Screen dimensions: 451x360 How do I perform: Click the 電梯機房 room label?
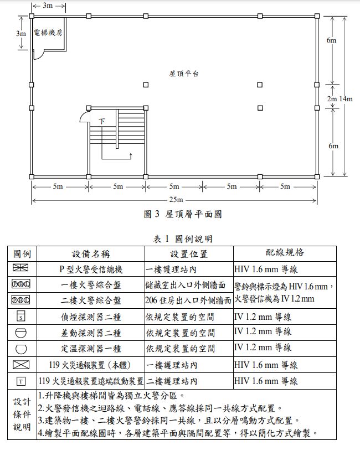48,33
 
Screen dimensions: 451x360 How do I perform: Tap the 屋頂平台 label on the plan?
184,73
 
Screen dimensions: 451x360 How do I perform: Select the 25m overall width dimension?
175,199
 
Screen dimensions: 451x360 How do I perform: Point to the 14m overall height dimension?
346,99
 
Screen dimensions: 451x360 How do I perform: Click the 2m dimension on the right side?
332,99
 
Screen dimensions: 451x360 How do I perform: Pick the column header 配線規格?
285,252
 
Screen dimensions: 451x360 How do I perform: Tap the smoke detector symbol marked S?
22,317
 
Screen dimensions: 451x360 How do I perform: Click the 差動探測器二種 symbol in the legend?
22,333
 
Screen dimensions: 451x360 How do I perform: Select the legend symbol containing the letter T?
22,381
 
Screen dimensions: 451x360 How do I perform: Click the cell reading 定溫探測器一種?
91,349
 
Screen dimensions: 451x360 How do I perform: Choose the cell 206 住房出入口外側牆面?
188,301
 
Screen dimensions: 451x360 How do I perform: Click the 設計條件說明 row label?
22,414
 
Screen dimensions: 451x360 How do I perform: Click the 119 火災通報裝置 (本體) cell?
91,365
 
